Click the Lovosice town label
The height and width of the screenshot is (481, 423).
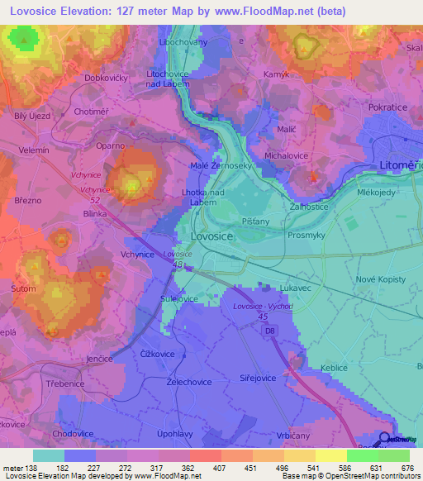click(211, 236)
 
